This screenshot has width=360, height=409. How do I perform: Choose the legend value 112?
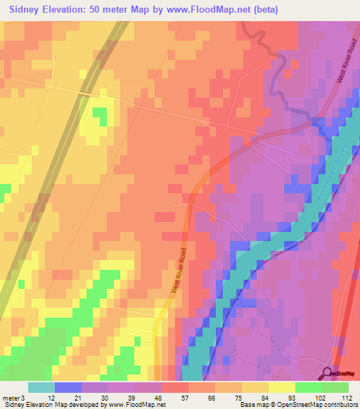[x=346, y=397]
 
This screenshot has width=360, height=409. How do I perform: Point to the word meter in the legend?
[x=9, y=397]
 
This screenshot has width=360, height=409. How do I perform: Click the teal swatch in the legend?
[x=41, y=387]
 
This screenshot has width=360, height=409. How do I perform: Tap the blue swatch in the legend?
[x=67, y=387]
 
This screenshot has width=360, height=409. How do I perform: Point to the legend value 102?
[x=320, y=397]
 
